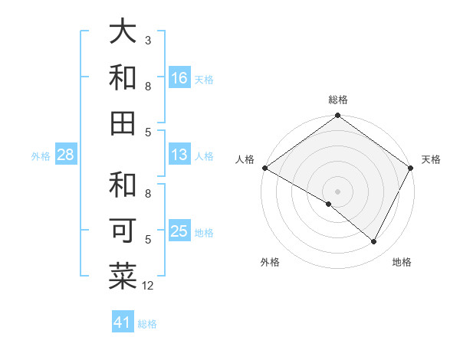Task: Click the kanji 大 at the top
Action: point(123,32)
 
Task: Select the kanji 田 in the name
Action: point(123,123)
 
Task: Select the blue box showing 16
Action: point(179,77)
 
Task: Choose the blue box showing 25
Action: point(179,231)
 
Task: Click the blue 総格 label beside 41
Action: point(147,324)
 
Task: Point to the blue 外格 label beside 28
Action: point(41,156)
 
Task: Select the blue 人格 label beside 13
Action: point(204,156)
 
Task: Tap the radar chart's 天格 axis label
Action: point(431,159)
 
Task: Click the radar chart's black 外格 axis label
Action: point(270,262)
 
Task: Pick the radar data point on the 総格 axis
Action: point(337,116)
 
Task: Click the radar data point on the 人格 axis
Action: point(264,168)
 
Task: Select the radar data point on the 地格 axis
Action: point(374,242)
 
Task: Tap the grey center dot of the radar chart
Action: point(337,191)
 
